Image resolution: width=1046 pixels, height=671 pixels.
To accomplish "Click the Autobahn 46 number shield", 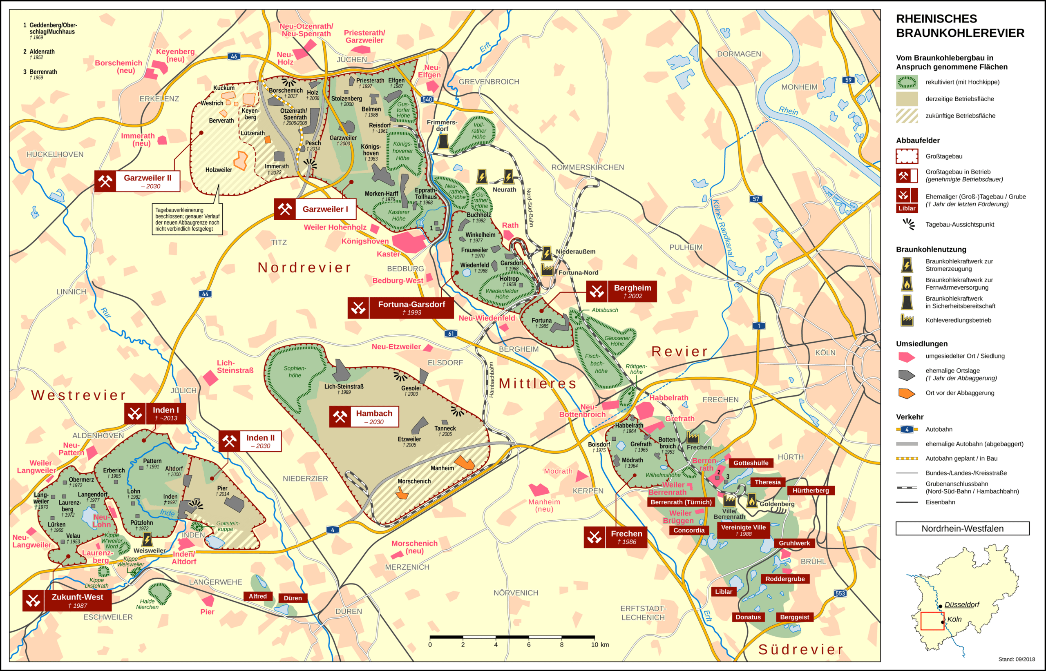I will (234, 56).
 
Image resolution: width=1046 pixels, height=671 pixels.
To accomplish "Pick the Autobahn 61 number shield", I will (451, 333).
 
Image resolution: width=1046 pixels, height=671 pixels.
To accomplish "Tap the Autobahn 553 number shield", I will (840, 593).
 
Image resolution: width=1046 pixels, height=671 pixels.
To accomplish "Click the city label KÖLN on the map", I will (825, 352).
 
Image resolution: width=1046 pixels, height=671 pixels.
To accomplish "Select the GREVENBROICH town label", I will (489, 82).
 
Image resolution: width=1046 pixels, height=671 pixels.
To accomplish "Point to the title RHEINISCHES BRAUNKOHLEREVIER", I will (960, 26).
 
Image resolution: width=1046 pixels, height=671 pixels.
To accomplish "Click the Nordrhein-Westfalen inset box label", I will (962, 528).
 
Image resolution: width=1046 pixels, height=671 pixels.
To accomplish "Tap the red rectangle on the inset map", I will (932, 621).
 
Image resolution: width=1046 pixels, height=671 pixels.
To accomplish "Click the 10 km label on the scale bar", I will (600, 644).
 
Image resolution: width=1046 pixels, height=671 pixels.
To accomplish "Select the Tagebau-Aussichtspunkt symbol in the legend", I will (908, 224).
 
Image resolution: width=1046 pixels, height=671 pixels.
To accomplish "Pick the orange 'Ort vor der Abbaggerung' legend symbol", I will (907, 393).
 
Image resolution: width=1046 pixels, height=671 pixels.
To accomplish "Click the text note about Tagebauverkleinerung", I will (187, 219).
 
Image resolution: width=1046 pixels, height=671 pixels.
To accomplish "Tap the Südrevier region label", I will (800, 649).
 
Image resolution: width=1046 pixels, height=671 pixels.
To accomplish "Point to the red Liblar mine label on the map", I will (724, 591).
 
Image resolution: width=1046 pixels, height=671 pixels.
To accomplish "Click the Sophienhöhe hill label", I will (295, 372).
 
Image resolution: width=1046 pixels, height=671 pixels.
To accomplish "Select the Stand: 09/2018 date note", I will (1016, 659).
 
